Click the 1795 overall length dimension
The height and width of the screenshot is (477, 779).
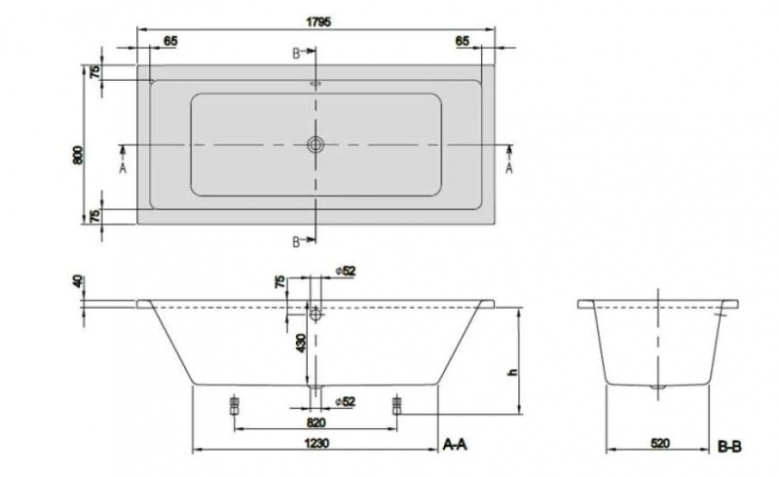[x=318, y=22]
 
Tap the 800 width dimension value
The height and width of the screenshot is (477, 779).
[x=78, y=155]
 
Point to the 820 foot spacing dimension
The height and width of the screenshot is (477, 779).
[x=315, y=422]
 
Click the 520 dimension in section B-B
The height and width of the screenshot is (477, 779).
[x=660, y=443]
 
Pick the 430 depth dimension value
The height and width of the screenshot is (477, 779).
[x=301, y=344]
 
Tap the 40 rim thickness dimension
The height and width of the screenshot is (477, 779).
[x=78, y=281]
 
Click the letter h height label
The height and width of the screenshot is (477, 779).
[x=513, y=372]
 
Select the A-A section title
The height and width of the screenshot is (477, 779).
[x=455, y=444]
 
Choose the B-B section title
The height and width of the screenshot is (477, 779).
[x=729, y=446]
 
